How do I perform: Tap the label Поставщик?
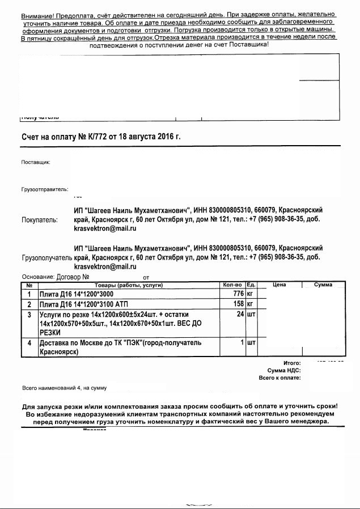tap(36, 162)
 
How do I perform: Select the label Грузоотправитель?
tap(45, 189)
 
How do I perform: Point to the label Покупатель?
tap(39, 220)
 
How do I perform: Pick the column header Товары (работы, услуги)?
tap(128, 285)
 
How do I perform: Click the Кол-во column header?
tap(233, 285)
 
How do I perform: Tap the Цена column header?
tap(279, 285)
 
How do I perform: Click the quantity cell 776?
tap(238, 294)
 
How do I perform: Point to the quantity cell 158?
tap(238, 304)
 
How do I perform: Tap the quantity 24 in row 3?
tap(240, 314)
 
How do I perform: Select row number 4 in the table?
tap(29, 343)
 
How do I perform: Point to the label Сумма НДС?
tap(284, 370)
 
